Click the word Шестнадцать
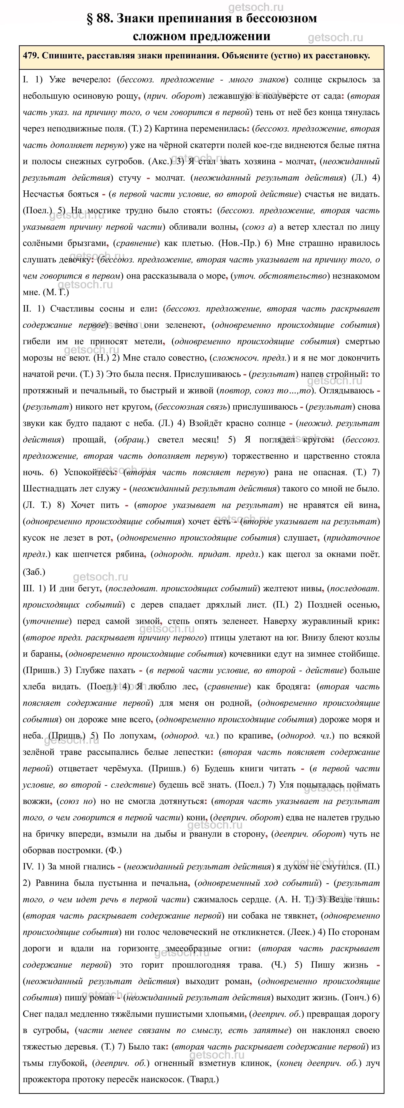point(48,489)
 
